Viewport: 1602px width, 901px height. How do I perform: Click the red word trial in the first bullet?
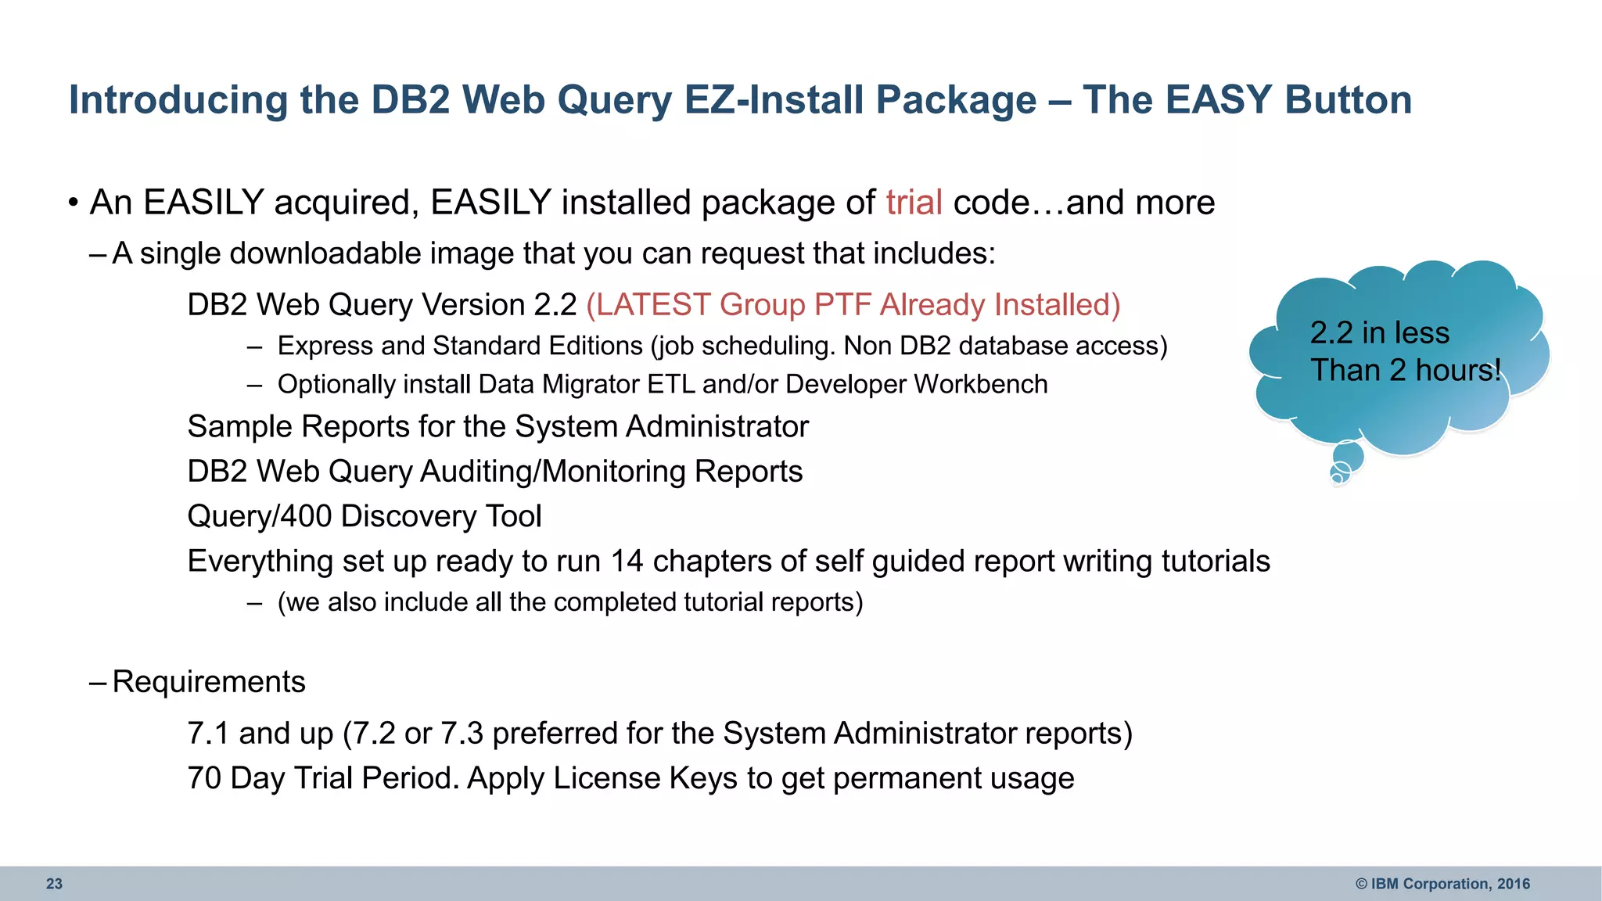914,203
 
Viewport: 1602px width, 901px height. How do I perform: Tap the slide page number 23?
54,884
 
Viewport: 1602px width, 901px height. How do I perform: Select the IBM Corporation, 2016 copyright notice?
1442,884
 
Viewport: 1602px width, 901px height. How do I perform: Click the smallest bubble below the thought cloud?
1336,478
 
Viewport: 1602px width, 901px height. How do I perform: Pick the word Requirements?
209,682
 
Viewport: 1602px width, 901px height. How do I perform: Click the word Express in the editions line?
323,346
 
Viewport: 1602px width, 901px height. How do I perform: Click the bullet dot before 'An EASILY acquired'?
73,203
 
